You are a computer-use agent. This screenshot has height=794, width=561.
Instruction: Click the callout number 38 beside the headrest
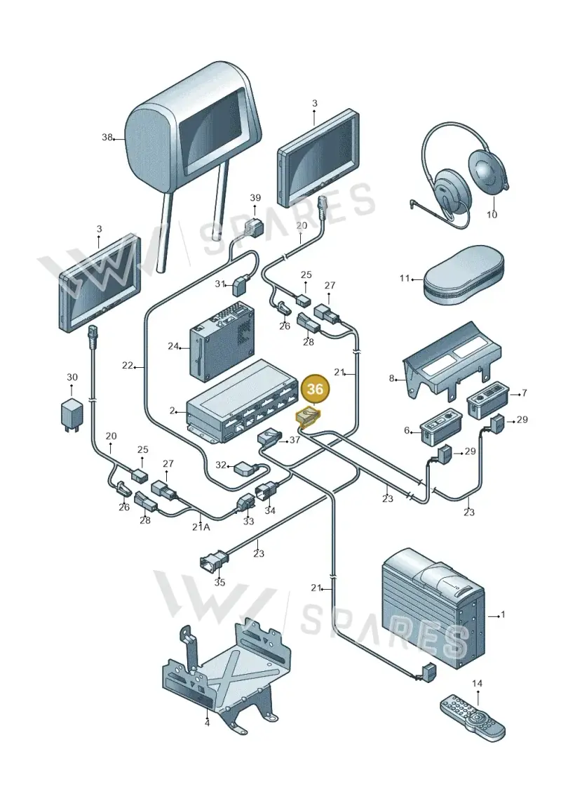pos(106,137)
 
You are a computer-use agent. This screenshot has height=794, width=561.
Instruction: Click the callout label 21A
pos(201,527)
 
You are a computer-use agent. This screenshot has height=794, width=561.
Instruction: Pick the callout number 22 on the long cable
pos(127,365)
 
